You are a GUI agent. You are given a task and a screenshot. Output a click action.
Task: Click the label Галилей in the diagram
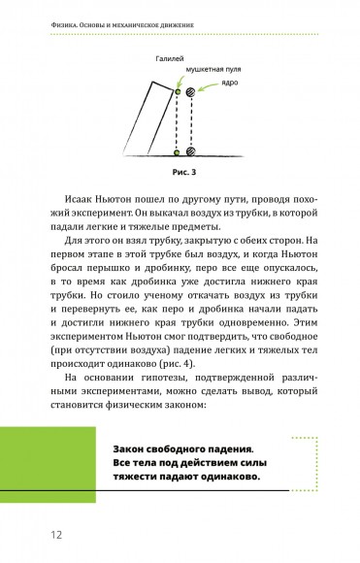pyautogui.click(x=169, y=59)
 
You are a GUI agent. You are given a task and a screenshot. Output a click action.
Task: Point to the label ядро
pyautogui.click(x=230, y=83)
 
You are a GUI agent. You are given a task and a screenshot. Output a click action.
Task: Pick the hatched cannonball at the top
pyautogui.click(x=192, y=93)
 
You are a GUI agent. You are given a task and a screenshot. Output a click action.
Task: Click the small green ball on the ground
pyautogui.click(x=176, y=152)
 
